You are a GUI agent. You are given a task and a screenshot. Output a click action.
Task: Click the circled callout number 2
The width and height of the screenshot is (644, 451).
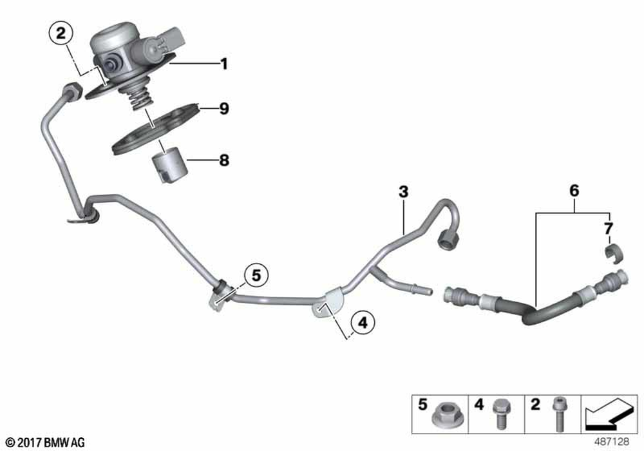coord(61,34)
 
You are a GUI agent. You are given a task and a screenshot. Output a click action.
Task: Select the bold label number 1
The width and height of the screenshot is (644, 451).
coord(224,64)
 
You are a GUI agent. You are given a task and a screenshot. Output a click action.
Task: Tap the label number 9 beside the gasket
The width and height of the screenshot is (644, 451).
coord(224,109)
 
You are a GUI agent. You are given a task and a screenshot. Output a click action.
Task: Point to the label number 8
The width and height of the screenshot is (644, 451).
coord(224,160)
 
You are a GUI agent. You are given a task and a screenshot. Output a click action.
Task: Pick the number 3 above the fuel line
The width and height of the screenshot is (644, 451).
coord(404,191)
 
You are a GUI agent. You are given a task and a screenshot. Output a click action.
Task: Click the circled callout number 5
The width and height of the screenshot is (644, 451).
coord(256,276)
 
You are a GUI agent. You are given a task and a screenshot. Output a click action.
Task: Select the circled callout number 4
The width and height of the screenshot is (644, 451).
coord(363,323)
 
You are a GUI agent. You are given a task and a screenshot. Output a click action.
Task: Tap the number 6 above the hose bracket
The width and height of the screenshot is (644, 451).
coord(574,190)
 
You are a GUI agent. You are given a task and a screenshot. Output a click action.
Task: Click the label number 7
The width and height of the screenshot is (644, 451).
coord(609,229)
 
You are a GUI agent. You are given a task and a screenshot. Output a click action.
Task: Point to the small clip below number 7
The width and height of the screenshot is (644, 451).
coord(614,252)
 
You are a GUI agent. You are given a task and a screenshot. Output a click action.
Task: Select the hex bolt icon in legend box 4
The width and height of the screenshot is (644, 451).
coord(500,414)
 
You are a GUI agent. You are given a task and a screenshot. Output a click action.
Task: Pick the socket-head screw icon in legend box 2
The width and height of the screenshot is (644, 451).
coord(558,414)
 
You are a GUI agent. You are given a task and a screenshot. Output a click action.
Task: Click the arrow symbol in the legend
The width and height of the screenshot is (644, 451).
coord(609,414)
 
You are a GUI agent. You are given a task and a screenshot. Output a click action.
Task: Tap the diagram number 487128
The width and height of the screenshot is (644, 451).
coord(612,442)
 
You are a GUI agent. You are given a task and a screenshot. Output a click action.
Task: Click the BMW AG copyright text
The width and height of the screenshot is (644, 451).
coord(46,443)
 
